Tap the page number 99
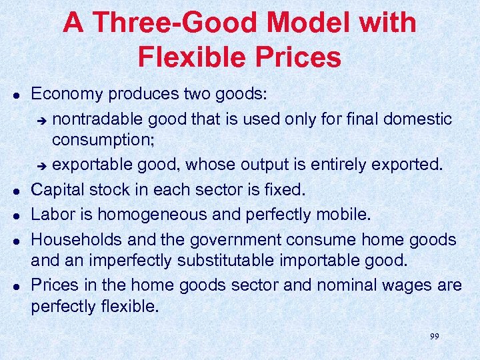(x=434, y=337)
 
